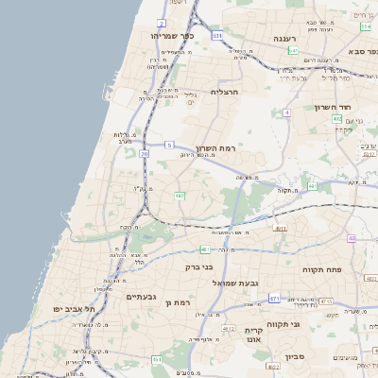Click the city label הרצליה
tap(227, 92)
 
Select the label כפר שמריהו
tap(172, 35)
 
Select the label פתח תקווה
tap(321, 270)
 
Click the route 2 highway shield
tap(162, 23)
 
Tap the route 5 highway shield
tap(169, 145)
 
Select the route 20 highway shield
tap(144, 153)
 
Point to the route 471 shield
tap(273, 298)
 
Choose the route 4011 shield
tap(280, 228)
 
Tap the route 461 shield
tap(157, 359)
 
